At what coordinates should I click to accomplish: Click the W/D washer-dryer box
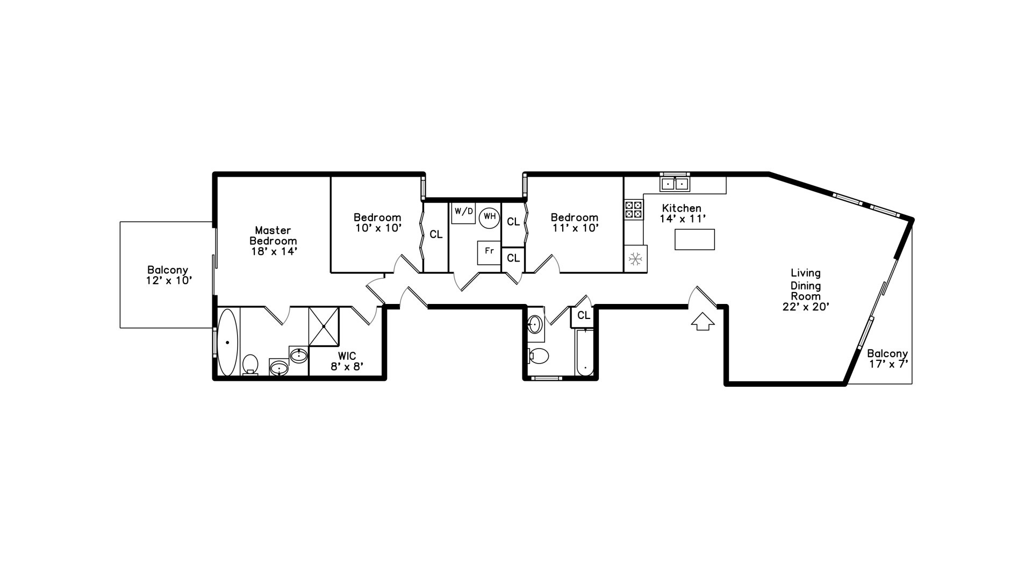point(463,213)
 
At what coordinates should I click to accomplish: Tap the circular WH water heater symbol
point(489,218)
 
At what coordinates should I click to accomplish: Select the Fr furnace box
point(489,252)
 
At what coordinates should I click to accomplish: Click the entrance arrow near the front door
point(703,322)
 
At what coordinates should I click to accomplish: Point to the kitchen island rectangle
point(694,240)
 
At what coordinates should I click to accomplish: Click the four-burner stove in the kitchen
point(633,209)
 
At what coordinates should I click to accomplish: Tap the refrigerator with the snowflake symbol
point(635,259)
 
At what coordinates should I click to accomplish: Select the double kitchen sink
point(675,184)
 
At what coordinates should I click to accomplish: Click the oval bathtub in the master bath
point(227,342)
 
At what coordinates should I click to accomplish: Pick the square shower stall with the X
point(324,327)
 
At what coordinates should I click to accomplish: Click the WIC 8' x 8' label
point(347,361)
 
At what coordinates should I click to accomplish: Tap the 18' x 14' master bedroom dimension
point(274,251)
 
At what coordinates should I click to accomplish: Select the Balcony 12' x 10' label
point(168,275)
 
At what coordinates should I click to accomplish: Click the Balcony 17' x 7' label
point(887,359)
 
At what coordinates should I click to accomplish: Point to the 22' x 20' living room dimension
point(806,307)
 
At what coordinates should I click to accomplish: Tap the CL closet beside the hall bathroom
point(584,316)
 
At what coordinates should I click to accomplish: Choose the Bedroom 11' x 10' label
point(574,222)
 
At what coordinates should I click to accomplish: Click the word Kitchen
point(681,208)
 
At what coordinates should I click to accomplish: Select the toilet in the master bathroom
point(249,364)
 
